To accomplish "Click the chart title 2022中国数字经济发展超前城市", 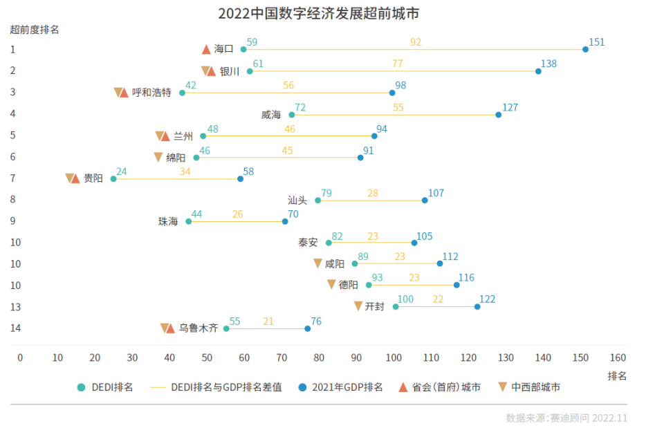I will [x=318, y=13].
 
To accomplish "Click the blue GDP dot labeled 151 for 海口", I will [x=585, y=49].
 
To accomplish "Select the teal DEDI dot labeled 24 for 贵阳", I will [x=113, y=178].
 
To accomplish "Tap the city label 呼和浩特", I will [x=151, y=93].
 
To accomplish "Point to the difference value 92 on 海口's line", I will [x=416, y=42].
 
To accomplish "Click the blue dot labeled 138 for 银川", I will [x=538, y=71].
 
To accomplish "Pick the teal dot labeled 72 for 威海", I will [x=292, y=114].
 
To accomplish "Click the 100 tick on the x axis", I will [x=394, y=357].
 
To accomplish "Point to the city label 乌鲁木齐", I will [x=199, y=328].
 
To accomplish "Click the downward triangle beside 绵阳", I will [x=158, y=158].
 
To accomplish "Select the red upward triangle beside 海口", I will [x=206, y=49].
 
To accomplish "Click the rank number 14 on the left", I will [x=16, y=328].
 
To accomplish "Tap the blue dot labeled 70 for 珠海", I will [x=285, y=221].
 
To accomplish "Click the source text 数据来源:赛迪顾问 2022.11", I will [x=566, y=418].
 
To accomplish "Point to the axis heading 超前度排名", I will [x=35, y=30].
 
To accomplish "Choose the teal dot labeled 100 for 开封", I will [x=396, y=306].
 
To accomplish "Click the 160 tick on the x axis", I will [x=618, y=357].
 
